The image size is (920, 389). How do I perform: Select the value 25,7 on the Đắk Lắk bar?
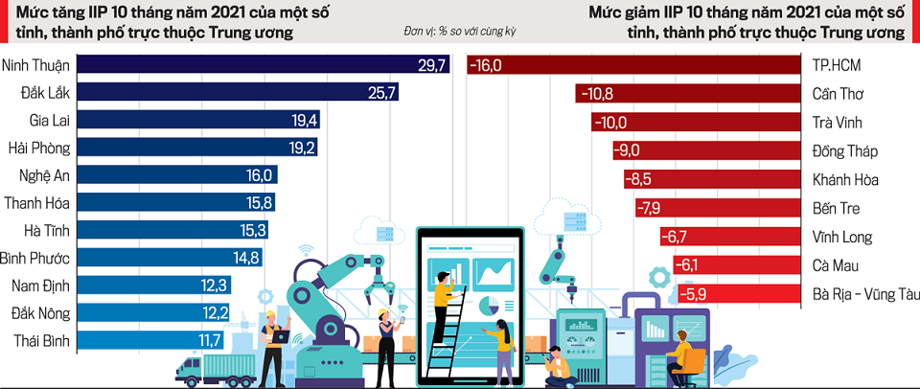point(381,93)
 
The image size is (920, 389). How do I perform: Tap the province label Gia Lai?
point(50,121)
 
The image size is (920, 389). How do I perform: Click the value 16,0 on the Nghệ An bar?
point(260,176)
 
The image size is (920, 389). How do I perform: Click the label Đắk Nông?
point(42,313)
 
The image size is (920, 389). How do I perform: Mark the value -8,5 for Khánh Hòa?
point(638,179)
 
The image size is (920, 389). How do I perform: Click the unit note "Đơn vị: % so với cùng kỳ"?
point(460,32)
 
